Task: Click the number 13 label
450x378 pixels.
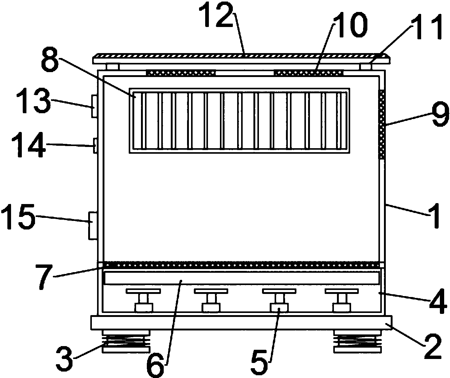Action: click(x=33, y=100)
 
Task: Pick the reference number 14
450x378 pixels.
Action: click(x=29, y=145)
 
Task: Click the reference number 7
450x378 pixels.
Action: click(x=45, y=277)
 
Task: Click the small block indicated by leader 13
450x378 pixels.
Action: click(x=94, y=106)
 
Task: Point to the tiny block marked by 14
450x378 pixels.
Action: click(x=95, y=146)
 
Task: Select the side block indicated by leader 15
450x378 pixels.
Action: click(x=93, y=226)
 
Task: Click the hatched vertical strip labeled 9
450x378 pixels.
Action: click(x=382, y=125)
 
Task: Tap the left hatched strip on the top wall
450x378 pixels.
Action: click(x=181, y=72)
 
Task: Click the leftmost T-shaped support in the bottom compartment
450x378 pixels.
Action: click(x=143, y=300)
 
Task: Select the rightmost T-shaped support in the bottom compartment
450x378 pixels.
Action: click(x=342, y=300)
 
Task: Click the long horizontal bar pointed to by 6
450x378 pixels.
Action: click(x=242, y=278)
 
